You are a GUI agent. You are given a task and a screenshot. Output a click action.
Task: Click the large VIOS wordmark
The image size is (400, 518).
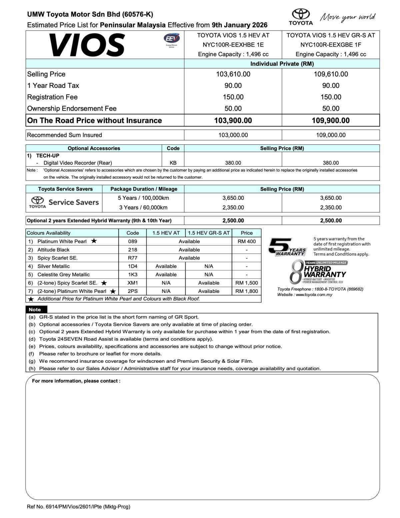87,45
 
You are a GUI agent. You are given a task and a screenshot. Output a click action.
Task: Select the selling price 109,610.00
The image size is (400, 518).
331,74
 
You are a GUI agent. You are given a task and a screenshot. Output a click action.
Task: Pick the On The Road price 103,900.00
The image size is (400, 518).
233,120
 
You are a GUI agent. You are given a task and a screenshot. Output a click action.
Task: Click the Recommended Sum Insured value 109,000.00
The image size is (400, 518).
331,135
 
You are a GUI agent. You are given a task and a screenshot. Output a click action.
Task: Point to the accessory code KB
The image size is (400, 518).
173,163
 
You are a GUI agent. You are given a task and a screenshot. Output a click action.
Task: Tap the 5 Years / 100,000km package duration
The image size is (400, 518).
143,198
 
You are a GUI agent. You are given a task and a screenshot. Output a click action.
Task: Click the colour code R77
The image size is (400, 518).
133,258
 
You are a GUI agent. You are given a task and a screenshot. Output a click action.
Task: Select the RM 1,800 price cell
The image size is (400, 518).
247,291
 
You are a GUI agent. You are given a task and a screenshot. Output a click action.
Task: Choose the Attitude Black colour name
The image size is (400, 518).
53,249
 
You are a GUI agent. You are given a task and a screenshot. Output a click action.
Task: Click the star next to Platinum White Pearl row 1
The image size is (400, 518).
94,241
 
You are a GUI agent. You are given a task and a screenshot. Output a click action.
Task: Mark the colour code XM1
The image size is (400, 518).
133,283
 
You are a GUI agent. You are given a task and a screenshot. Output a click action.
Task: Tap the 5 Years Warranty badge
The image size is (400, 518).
287,247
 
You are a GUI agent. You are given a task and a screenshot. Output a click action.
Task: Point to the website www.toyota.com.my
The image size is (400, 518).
314,295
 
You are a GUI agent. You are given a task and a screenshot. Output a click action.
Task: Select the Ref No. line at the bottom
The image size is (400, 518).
79,507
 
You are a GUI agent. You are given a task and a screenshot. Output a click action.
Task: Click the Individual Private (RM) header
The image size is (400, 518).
282,64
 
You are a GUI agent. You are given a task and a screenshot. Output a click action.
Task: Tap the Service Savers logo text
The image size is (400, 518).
74,202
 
